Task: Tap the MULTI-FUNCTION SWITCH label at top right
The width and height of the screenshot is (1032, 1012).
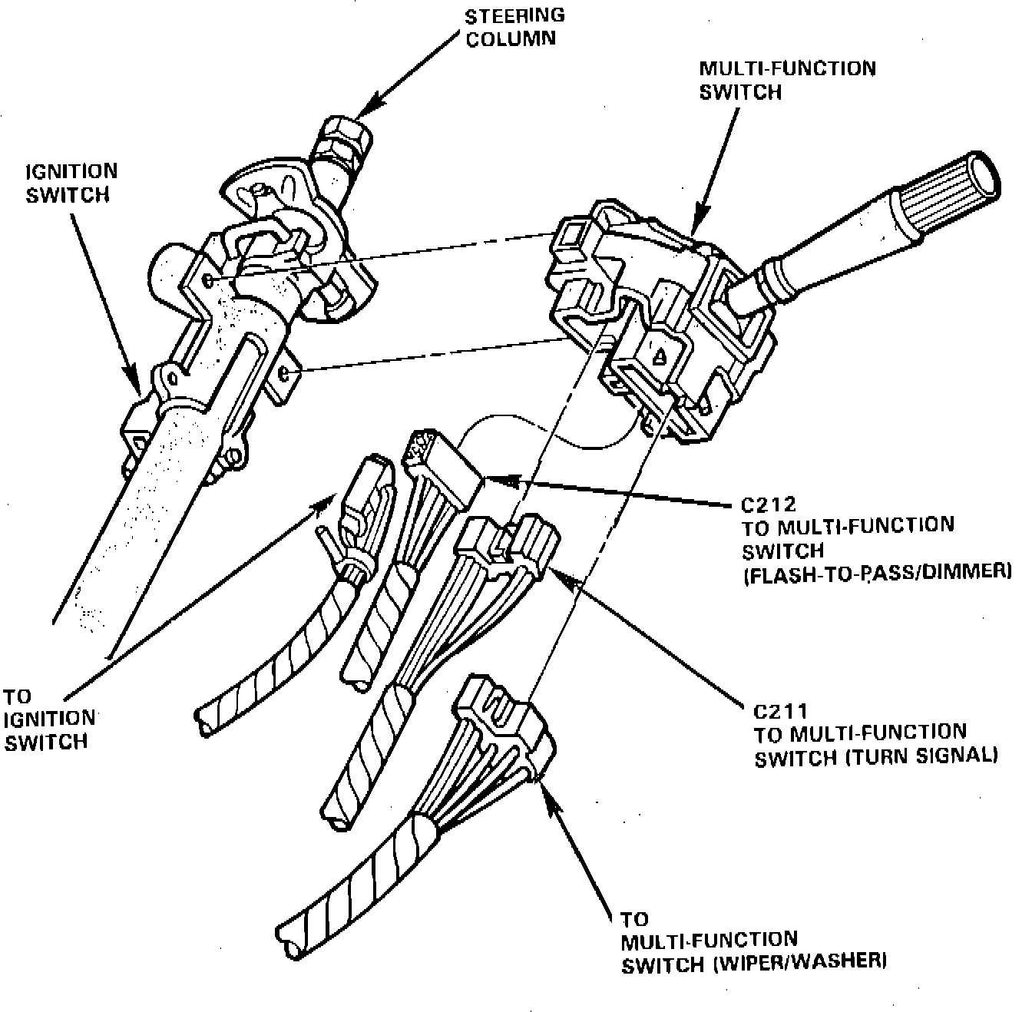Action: click(786, 80)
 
